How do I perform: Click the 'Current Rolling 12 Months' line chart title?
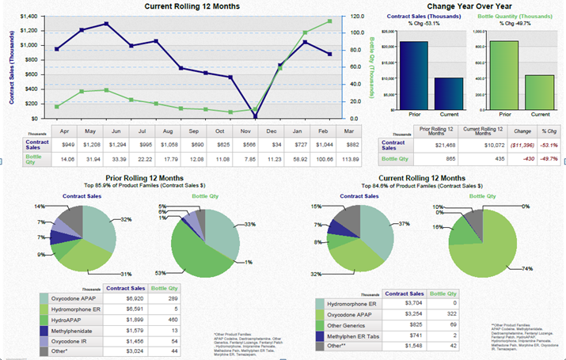tap(192, 6)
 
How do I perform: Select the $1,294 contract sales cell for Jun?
tap(116, 146)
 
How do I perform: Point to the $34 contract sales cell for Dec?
tap(272, 146)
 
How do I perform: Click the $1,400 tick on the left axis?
tap(28, 17)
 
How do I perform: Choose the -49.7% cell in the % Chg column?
tap(549, 158)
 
